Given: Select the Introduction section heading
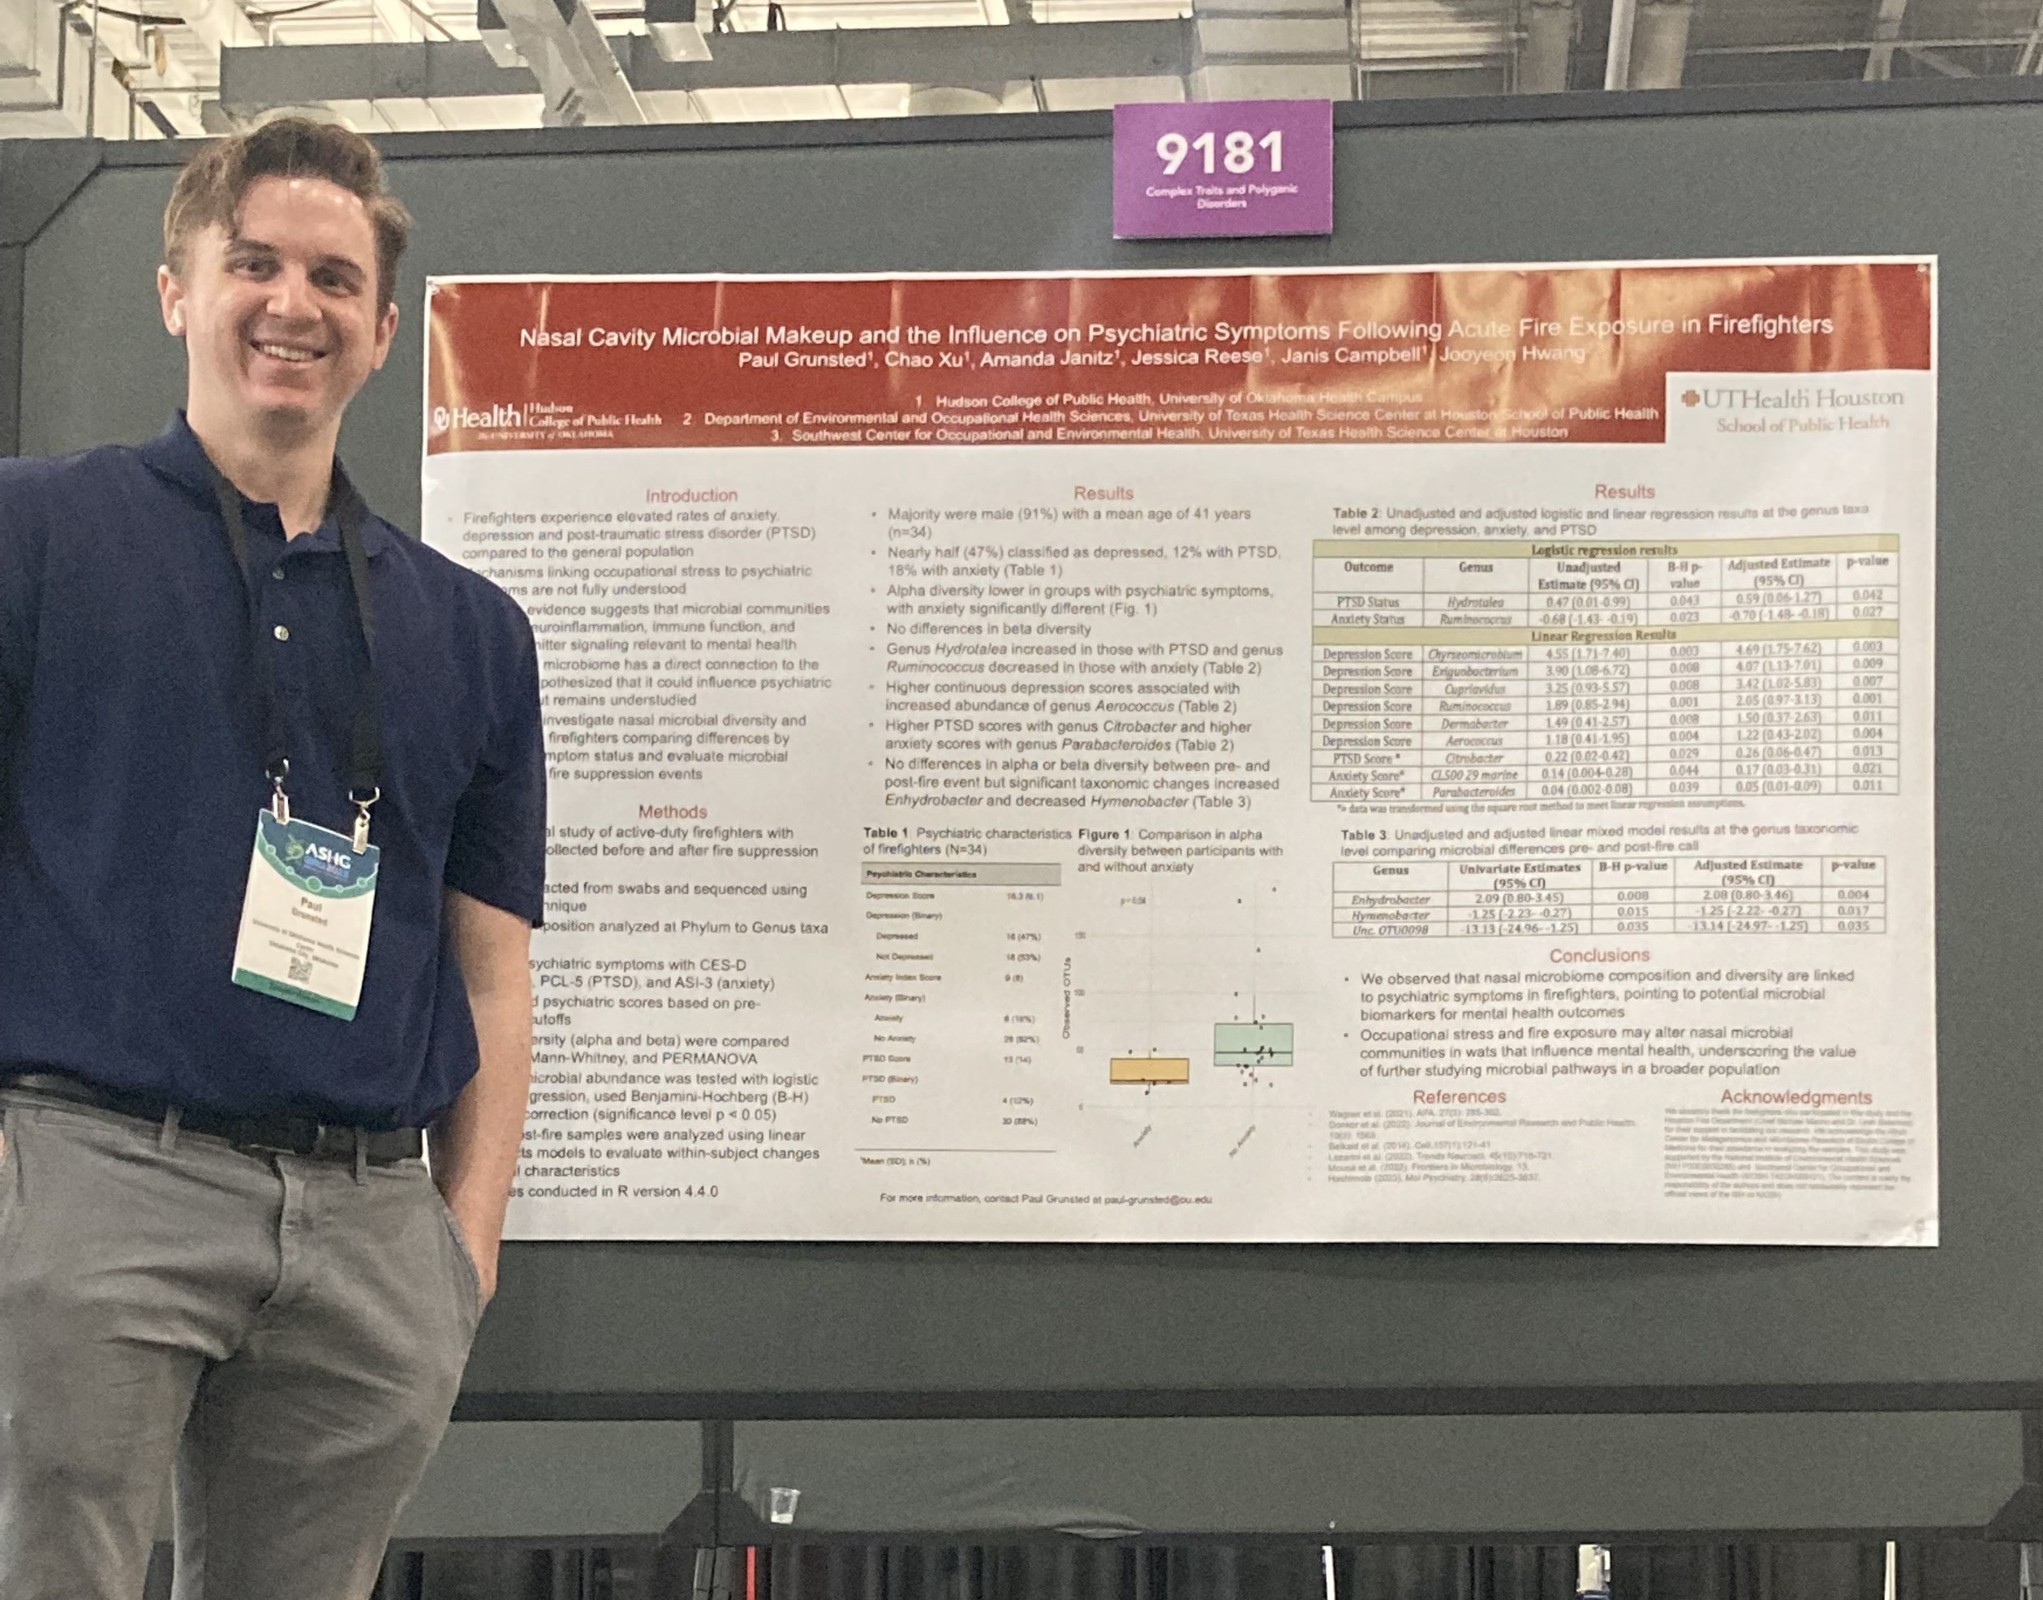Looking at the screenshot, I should coord(691,496).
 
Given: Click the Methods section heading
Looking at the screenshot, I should coord(672,811).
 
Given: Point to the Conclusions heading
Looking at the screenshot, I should coord(1599,956).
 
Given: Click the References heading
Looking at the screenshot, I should coord(1460,1096).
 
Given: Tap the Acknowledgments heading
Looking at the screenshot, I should coord(1796,1097).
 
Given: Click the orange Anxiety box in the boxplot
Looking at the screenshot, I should coord(1148,1071).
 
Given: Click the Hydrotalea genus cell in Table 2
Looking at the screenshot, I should coord(1475,602).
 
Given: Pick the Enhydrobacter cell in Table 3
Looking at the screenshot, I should coord(1390,898).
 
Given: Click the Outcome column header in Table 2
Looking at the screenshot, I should coord(1368,568).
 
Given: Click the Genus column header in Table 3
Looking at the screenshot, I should coord(1390,871).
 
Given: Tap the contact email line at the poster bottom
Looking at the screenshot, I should coord(1045,1198).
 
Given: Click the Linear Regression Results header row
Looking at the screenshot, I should coord(1604,635).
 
